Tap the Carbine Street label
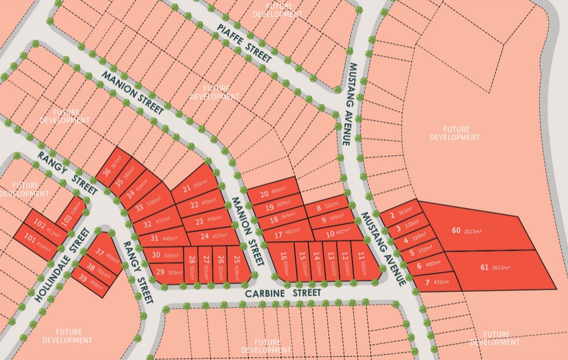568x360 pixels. click(283, 293)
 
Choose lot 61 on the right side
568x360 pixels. click(496, 268)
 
